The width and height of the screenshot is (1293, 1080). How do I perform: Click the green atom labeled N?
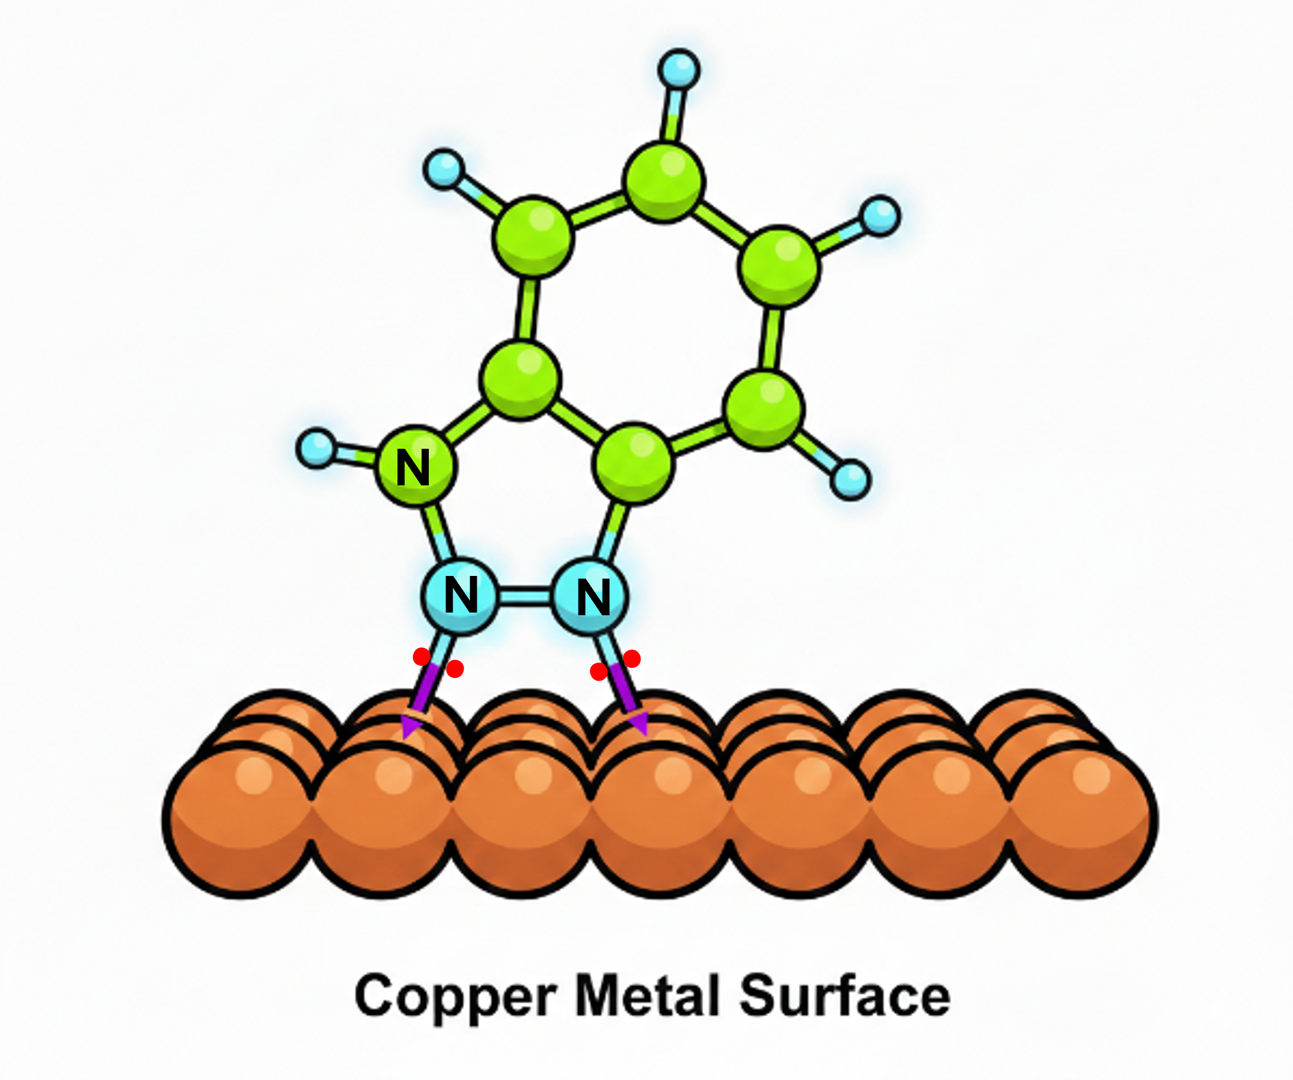click(x=417, y=465)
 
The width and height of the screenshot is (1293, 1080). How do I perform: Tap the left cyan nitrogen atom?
click(x=459, y=596)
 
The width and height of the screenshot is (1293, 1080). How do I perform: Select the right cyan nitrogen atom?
click(x=591, y=597)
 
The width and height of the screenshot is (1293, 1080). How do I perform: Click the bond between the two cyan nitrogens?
click(x=525, y=596)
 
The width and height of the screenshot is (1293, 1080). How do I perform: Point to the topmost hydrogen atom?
click(x=678, y=69)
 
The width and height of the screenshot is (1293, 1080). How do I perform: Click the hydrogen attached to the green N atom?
click(x=316, y=449)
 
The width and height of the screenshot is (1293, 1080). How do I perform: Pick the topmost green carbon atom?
click(x=663, y=181)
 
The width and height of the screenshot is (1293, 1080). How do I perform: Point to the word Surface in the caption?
click(x=845, y=995)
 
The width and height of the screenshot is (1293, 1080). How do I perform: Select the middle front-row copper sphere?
click(x=660, y=820)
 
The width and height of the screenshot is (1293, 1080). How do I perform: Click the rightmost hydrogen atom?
click(x=880, y=216)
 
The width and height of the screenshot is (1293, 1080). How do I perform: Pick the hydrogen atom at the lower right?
click(x=850, y=479)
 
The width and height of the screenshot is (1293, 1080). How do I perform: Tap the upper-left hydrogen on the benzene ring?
click(x=443, y=169)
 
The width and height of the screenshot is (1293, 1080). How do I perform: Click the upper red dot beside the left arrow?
click(x=421, y=657)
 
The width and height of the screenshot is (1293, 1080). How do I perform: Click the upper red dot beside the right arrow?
click(x=632, y=659)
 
